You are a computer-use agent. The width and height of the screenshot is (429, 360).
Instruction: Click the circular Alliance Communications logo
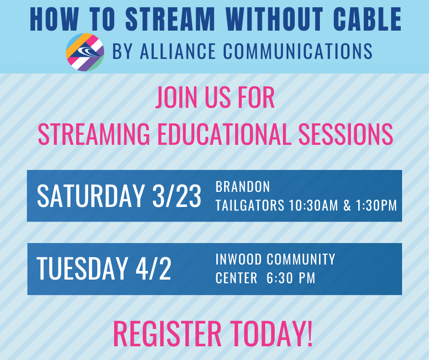[85, 52]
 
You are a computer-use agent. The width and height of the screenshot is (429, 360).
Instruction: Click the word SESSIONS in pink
[345, 134]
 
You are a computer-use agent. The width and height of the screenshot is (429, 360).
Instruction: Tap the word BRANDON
[243, 187]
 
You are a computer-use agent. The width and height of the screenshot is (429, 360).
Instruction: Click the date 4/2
[153, 269]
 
